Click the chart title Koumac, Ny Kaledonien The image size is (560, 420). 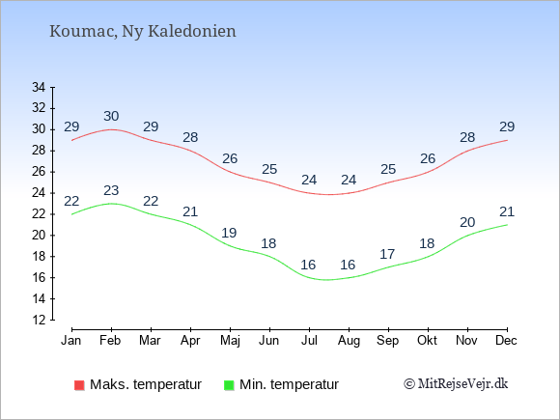click(143, 32)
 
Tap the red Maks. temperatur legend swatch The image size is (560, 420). click(79, 385)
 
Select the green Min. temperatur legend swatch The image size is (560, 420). click(229, 385)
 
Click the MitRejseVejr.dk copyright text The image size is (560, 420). click(456, 383)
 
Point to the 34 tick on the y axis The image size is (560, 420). click(39, 87)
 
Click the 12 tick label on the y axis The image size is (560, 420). click(39, 320)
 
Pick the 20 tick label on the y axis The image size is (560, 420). click(39, 235)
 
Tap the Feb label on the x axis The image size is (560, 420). click(110, 341)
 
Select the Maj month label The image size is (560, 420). click(230, 341)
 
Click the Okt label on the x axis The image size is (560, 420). click(427, 341)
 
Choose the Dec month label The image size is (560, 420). click(506, 341)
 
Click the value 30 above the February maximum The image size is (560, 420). click(111, 116)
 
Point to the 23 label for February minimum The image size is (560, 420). click(111, 190)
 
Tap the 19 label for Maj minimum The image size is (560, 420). click(229, 233)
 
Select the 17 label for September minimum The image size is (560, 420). click(387, 254)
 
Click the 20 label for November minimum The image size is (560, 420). click(467, 222)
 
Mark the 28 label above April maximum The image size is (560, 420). click(190, 137)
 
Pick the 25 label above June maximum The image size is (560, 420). click(269, 169)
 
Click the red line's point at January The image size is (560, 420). click(71, 140)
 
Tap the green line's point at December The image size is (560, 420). click(507, 225)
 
